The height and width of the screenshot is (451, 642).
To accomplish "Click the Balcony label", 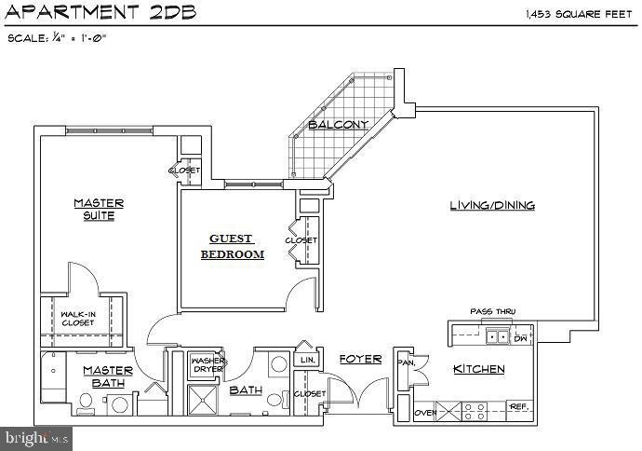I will [339, 124].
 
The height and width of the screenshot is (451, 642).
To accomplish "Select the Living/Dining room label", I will [492, 206].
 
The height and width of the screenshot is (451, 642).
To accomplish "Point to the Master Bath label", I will [107, 377].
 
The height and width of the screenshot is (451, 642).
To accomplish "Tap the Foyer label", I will [359, 359].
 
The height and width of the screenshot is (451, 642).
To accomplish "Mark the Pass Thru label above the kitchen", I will [492, 311].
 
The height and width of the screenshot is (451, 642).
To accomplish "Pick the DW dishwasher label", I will [521, 338].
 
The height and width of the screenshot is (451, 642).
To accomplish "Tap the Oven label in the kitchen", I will [425, 413].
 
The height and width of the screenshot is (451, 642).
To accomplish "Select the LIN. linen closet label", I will [306, 360].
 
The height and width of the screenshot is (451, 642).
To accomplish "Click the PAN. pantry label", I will [406, 362].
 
